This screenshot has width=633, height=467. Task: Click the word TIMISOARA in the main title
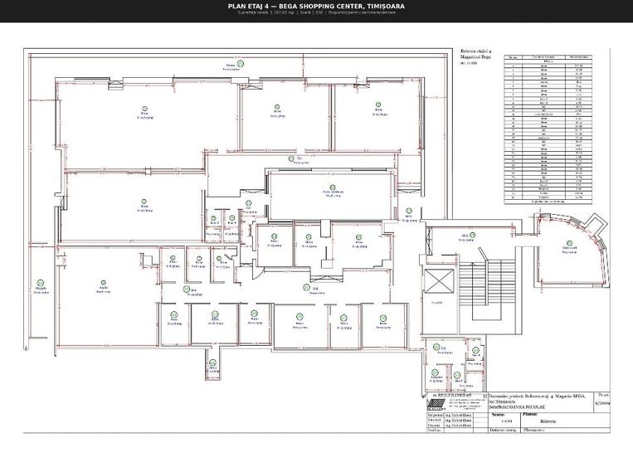[384, 7]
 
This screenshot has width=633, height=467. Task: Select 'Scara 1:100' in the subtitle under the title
[309, 12]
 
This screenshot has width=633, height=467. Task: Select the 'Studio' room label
[103, 288]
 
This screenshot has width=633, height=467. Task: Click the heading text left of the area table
[476, 56]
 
